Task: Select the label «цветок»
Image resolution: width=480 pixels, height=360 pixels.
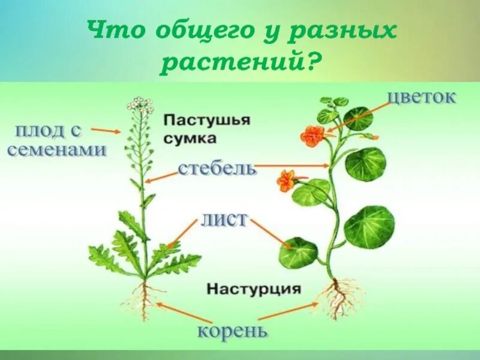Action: click(422, 97)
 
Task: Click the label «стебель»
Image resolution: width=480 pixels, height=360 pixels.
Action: click(218, 167)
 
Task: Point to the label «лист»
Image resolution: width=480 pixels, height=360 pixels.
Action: click(224, 218)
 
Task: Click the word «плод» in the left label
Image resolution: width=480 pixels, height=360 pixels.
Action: click(41, 130)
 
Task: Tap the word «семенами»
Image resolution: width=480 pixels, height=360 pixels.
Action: click(57, 149)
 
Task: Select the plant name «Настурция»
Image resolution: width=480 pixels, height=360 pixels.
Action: click(253, 289)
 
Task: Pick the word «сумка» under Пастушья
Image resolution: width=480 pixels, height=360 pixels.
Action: click(190, 139)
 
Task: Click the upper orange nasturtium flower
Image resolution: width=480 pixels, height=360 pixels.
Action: click(312, 136)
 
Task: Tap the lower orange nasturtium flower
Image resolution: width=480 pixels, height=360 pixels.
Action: click(285, 180)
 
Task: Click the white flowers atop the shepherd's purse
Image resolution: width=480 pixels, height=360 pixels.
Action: click(139, 104)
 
